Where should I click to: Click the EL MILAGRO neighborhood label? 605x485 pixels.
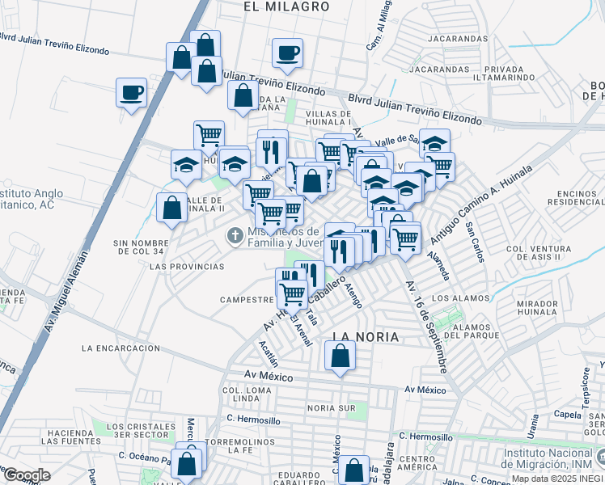point(286,6)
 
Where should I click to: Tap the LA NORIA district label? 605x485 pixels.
point(366,336)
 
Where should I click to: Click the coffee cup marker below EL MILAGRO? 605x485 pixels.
point(287,53)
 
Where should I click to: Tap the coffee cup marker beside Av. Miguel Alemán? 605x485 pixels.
point(131,93)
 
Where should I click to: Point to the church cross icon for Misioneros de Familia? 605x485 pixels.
point(235,235)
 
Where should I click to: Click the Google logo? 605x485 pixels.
point(26,475)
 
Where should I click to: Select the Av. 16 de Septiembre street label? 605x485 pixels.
point(426,327)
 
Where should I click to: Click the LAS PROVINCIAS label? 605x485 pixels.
point(187,266)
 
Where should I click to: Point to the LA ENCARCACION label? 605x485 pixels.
point(121,348)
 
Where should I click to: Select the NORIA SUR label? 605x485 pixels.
point(332,408)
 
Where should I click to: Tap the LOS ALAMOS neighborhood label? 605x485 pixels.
point(462,298)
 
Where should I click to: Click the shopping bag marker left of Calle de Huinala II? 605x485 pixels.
point(171,209)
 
